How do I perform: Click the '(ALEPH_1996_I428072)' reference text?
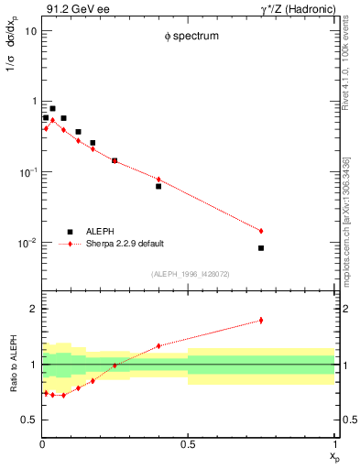pyautogui.click(x=190, y=273)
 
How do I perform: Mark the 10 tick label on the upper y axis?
pyautogui.click(x=31, y=30)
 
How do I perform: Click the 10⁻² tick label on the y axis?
pyautogui.click(x=27, y=243)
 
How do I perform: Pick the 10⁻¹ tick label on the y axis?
pyautogui.click(x=27, y=172)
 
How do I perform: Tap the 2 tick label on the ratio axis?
pyautogui.click(x=33, y=309)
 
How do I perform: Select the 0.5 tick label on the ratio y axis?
pyautogui.click(x=29, y=420)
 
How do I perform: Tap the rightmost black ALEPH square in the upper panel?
pyautogui.click(x=261, y=248)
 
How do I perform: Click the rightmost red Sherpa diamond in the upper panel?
pyautogui.click(x=261, y=231)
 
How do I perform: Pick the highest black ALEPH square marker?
pyautogui.click(x=52, y=108)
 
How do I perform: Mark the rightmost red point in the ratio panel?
pyautogui.click(x=261, y=320)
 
